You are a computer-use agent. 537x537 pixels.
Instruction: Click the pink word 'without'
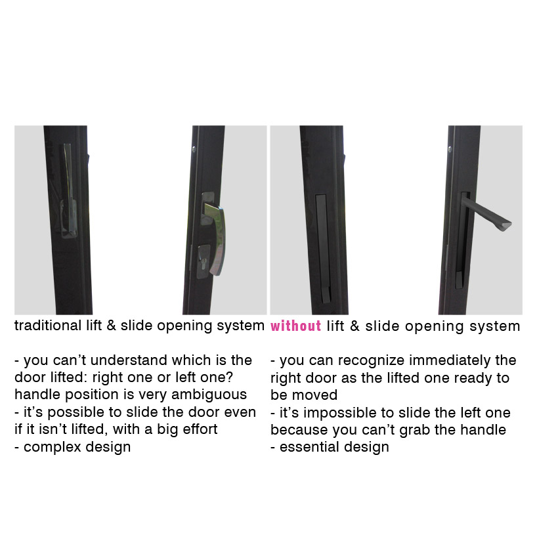point(296,326)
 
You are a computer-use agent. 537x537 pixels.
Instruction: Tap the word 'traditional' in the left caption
point(48,326)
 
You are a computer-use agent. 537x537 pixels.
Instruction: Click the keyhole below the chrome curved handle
point(204,263)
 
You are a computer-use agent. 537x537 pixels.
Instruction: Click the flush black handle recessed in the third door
point(324,249)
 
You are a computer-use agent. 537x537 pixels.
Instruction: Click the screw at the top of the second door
point(194,149)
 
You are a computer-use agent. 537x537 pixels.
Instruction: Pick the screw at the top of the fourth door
point(450,149)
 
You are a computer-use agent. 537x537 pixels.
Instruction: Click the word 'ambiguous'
point(209,395)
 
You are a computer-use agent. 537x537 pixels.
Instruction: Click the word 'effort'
point(200,429)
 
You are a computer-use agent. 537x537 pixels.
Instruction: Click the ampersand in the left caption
point(111,326)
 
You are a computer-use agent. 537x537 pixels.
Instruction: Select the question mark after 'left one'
point(229,377)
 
